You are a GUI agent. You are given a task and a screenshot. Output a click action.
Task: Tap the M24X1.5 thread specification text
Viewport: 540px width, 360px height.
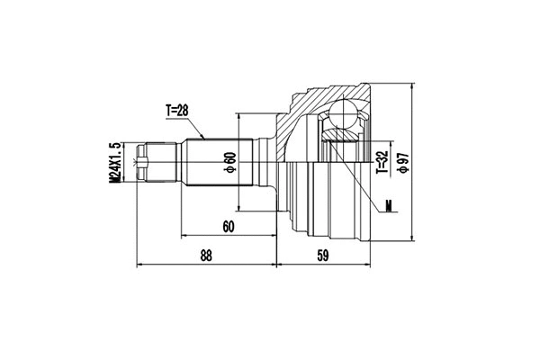[114, 163]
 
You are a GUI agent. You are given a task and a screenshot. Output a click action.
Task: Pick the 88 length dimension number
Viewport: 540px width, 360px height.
[206, 256]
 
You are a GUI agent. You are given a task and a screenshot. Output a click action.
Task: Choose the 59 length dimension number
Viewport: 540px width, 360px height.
[322, 256]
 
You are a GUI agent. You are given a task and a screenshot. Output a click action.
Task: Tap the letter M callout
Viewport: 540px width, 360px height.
[388, 206]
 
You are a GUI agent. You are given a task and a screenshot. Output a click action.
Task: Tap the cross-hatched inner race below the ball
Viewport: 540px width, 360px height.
[342, 136]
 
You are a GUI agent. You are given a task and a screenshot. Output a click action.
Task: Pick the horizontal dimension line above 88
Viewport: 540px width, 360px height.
[206, 266]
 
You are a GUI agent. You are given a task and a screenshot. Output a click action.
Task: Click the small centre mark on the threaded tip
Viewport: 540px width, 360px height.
[138, 163]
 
